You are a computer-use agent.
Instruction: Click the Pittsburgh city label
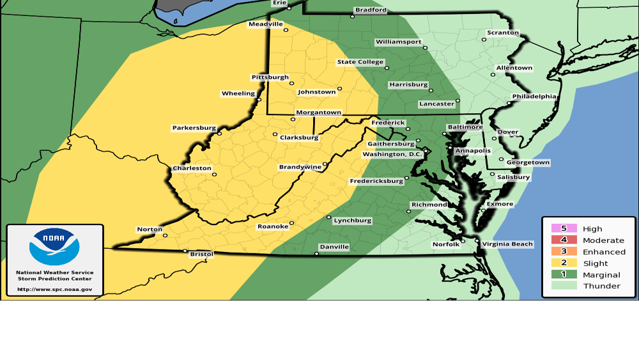tap(270, 77)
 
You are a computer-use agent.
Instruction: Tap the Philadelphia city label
tap(534, 97)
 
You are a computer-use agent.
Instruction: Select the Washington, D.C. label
tap(392, 154)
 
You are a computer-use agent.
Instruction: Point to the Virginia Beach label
tap(507, 244)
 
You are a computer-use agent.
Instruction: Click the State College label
tap(360, 63)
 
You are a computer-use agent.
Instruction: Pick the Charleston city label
tap(192, 169)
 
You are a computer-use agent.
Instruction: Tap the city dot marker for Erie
tap(289, 8)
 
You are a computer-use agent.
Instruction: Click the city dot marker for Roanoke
tap(291, 224)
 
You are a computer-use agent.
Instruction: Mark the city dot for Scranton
tap(484, 40)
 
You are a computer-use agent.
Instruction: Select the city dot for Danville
tap(316, 254)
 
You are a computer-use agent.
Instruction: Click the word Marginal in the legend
tap(601, 275)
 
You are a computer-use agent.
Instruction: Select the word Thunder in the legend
tap(601, 286)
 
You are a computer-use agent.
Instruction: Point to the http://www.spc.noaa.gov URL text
tap(55, 289)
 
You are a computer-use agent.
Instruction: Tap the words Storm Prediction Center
tap(55, 279)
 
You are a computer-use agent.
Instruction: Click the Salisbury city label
tap(514, 177)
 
